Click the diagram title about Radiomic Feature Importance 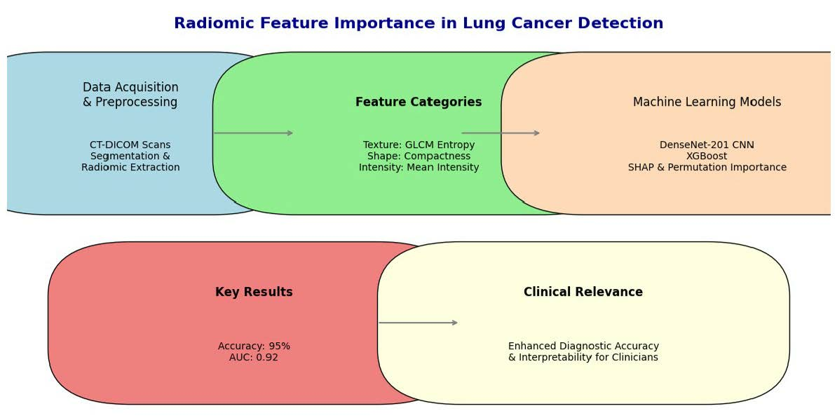coord(419,23)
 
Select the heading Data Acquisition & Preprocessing coord(130,95)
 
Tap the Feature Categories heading coord(419,102)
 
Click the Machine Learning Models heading coord(707,102)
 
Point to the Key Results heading coord(254,292)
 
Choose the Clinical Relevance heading coord(583,292)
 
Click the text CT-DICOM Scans coord(130,145)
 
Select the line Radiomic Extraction coord(130,167)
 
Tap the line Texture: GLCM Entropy coord(419,145)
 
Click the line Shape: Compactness coord(419,156)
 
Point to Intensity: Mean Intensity coord(419,167)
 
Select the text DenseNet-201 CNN coord(707,145)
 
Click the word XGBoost coord(707,156)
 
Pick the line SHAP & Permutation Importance coord(707,167)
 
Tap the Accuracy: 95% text coord(254,346)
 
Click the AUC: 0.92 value coord(254,357)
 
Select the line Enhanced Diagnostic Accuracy coord(583,346)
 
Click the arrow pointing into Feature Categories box coord(254,133)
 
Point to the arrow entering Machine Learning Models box coord(501,133)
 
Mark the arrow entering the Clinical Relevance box coord(419,323)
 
